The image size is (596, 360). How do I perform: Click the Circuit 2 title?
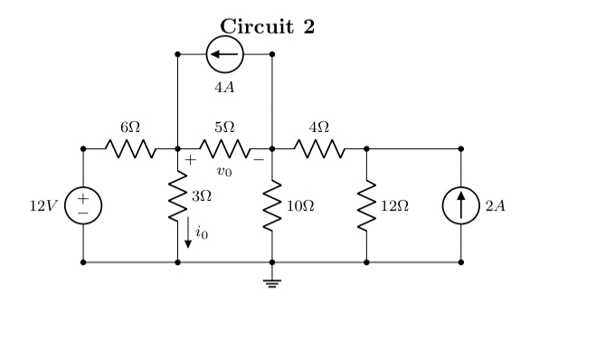click(268, 26)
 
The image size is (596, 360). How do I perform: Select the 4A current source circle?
click(224, 54)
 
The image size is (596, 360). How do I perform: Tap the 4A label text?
click(224, 88)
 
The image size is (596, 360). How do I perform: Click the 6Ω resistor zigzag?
click(130, 148)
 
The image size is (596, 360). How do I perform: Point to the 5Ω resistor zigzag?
click(224, 148)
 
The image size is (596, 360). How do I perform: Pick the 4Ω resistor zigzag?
click(318, 148)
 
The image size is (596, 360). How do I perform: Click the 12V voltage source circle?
click(83, 205)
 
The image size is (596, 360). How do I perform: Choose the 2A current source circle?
click(460, 205)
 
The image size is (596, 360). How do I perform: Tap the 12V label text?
click(43, 206)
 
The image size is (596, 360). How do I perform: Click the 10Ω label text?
click(300, 206)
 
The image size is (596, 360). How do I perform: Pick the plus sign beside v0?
click(191, 160)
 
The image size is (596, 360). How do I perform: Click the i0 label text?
click(202, 233)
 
